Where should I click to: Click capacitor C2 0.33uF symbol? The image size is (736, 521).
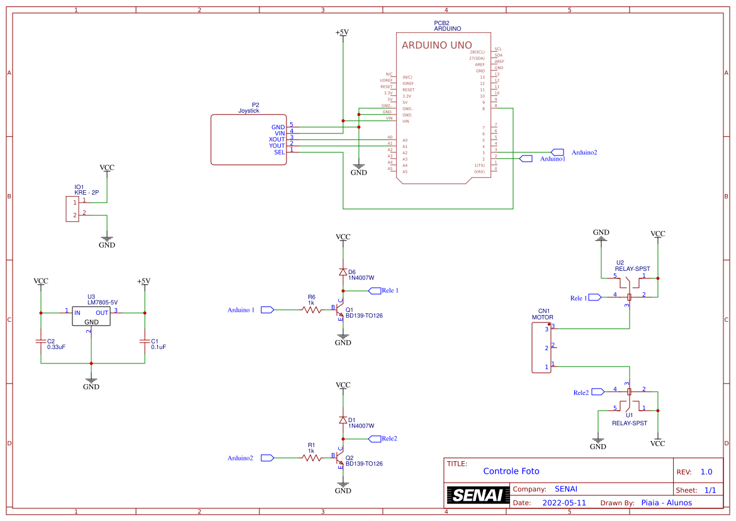click(41, 341)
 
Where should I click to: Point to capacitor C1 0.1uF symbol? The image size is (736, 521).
click(144, 341)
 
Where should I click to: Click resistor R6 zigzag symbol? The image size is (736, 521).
click(311, 309)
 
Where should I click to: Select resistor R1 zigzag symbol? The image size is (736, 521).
click(311, 457)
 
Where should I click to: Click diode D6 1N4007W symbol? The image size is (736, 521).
click(343, 272)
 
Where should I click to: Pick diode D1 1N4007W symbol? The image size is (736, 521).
click(343, 420)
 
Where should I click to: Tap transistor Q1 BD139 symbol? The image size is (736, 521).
click(341, 310)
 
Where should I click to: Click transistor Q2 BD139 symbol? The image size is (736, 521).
click(341, 458)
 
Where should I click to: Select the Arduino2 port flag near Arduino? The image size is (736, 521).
click(557, 152)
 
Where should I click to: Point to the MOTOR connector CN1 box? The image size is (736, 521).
click(541, 347)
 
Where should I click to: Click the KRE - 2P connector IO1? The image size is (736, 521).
click(71, 209)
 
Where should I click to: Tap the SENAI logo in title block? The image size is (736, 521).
click(478, 495)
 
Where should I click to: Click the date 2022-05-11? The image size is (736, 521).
click(564, 503)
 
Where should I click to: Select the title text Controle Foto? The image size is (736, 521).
click(511, 471)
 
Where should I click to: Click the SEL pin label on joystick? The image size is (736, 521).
click(279, 152)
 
